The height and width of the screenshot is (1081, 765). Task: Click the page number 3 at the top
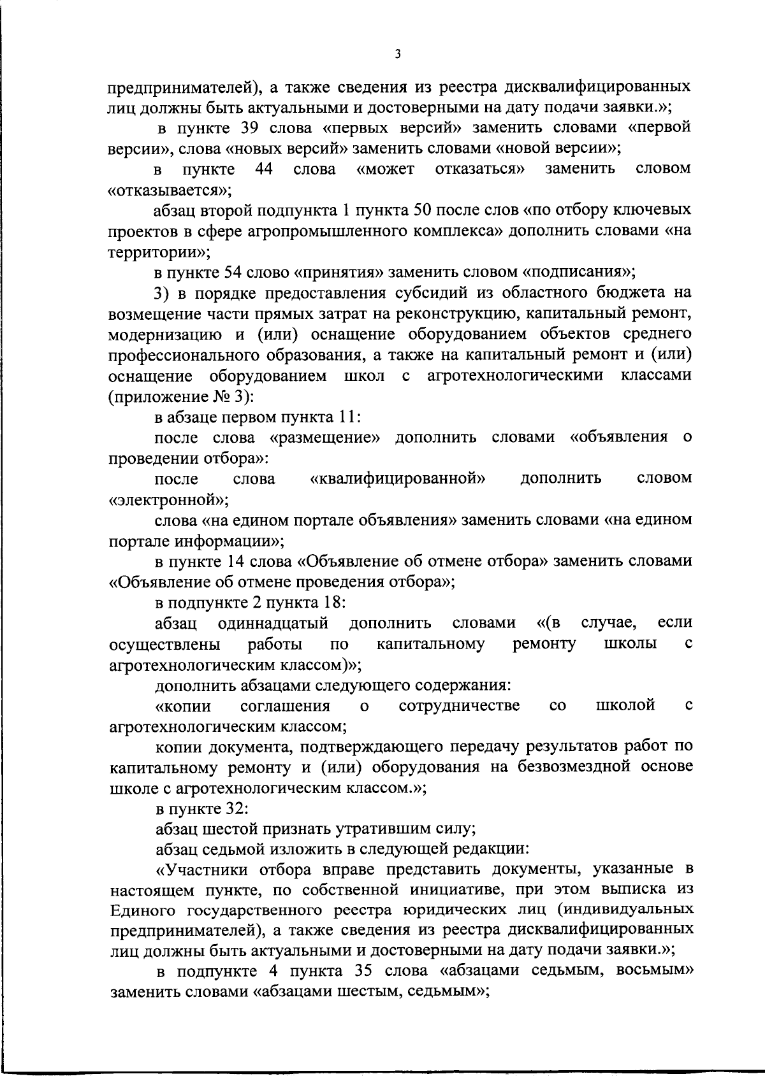coord(397,55)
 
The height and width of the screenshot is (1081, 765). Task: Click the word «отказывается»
coord(170,190)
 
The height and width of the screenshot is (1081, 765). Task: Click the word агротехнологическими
coord(515,375)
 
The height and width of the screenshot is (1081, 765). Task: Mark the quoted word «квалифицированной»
coord(398,478)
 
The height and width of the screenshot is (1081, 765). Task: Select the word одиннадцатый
coord(273,622)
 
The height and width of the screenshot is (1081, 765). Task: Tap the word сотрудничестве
coord(458,705)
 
